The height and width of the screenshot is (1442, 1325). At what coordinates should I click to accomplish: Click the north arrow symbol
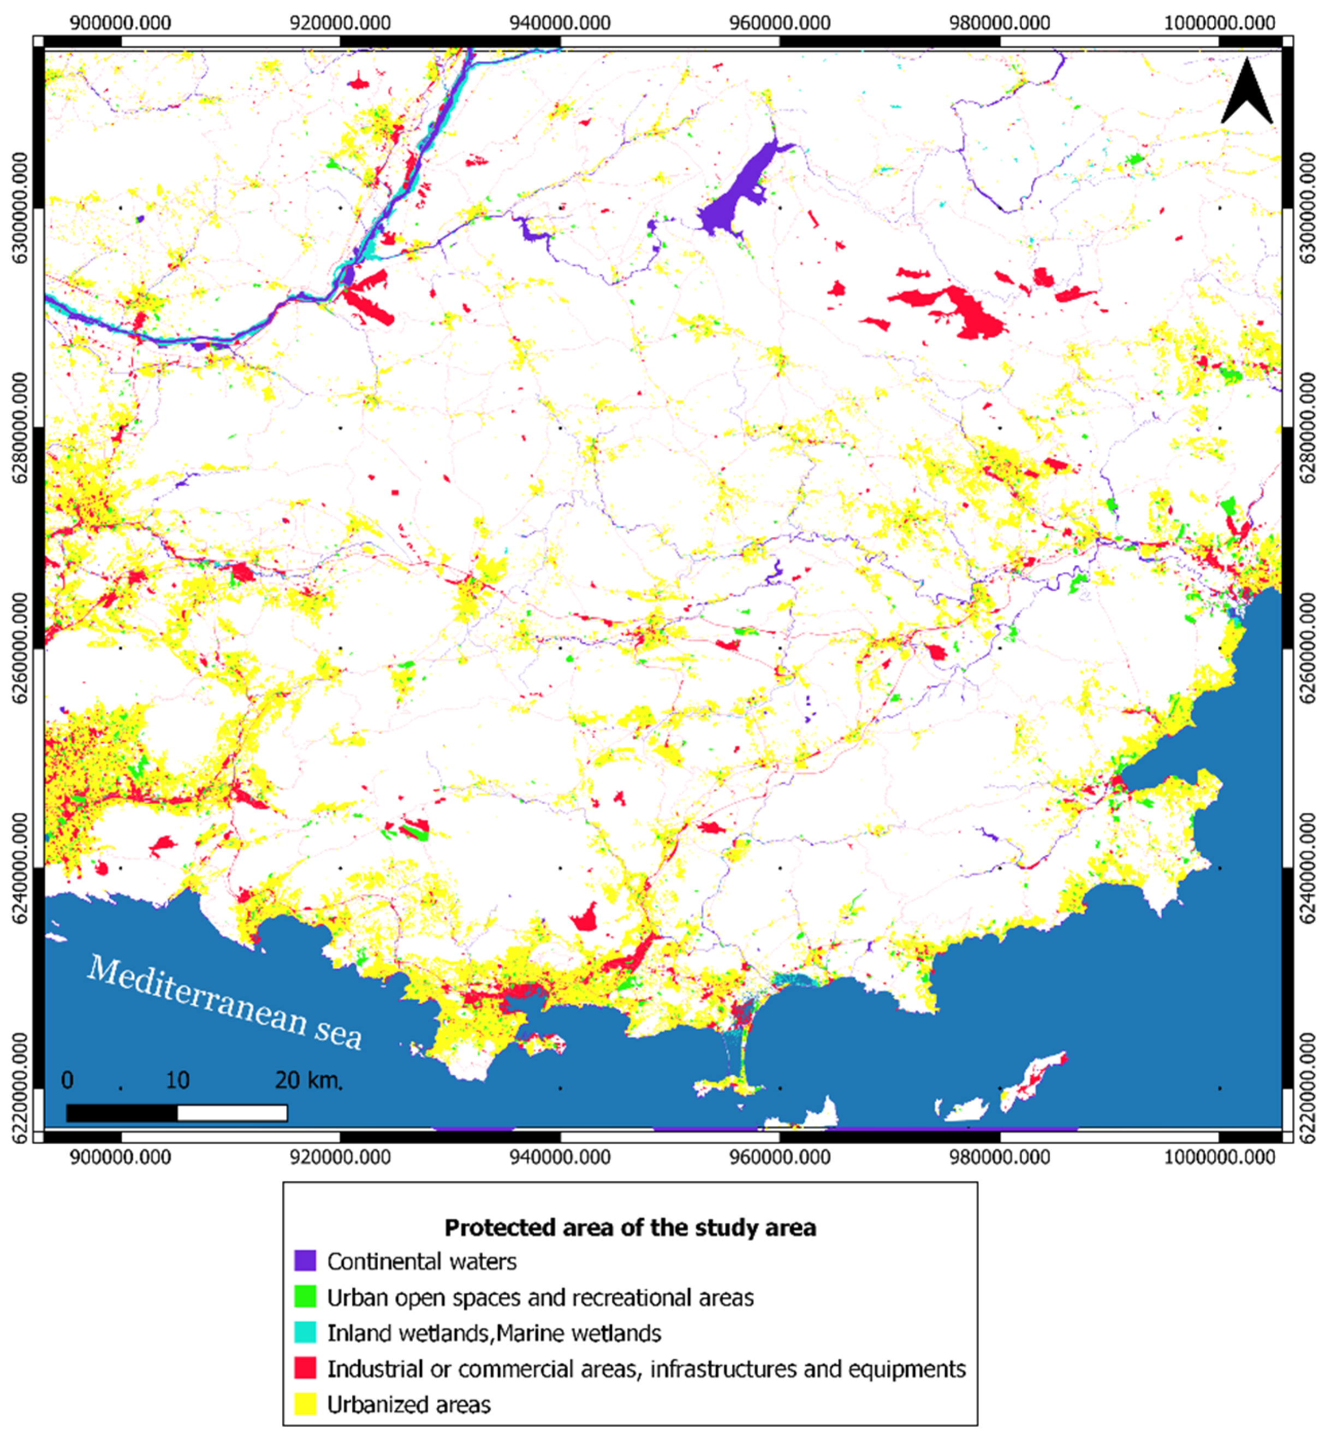(x=1246, y=94)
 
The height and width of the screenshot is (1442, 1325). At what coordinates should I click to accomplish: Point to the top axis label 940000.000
(x=560, y=22)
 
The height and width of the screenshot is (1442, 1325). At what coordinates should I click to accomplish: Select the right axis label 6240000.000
(x=1307, y=868)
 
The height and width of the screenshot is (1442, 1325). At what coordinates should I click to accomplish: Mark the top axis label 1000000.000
(x=1219, y=22)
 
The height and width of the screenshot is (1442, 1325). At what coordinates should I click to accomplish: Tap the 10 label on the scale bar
(x=177, y=1080)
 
